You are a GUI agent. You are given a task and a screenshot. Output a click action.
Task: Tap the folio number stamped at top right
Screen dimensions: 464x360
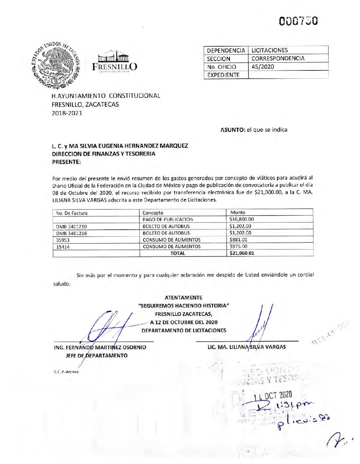pyautogui.click(x=298, y=21)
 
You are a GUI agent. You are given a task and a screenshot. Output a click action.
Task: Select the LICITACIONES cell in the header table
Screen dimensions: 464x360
pyautogui.click(x=270, y=50)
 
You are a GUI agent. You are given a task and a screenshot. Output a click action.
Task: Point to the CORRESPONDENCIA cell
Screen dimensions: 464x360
pyautogui.click(x=278, y=58)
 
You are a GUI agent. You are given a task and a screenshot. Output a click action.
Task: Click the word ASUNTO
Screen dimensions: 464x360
pyautogui.click(x=232, y=130)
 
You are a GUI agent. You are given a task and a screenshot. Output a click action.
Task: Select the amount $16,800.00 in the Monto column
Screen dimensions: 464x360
pyautogui.click(x=242, y=219)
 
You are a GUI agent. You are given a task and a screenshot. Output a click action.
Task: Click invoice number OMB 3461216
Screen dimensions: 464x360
pyautogui.click(x=71, y=233)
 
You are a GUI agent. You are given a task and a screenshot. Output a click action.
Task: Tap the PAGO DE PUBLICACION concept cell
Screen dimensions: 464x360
pyautogui.click(x=168, y=219)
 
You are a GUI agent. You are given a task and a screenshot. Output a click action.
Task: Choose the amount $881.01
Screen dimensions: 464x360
pyautogui.click(x=238, y=240)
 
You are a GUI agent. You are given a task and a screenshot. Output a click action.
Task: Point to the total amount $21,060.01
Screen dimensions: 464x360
pyautogui.click(x=242, y=253)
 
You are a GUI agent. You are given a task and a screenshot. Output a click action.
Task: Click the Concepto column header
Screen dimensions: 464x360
pyautogui.click(x=153, y=213)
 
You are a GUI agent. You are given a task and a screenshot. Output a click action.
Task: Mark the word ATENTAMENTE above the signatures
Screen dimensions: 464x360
pyautogui.click(x=183, y=298)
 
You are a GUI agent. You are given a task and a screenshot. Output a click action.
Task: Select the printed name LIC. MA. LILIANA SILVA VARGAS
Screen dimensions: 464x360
pyautogui.click(x=247, y=347)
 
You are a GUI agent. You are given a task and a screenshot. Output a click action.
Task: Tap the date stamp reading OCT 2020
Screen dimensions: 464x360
pyautogui.click(x=273, y=395)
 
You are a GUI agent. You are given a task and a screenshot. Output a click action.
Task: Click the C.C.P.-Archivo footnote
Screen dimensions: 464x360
pyautogui.click(x=66, y=372)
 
